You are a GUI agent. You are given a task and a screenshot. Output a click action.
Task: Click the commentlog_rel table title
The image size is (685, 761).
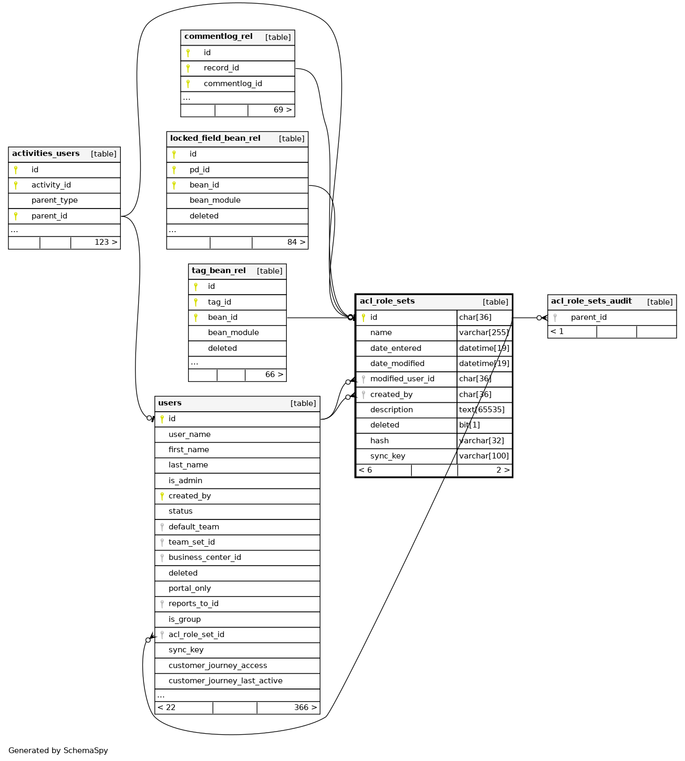tap(219, 37)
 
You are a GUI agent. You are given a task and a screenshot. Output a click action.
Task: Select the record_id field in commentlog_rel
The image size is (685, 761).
tap(221, 68)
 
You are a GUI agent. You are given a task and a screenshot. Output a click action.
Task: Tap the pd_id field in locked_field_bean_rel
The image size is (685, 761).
tap(200, 170)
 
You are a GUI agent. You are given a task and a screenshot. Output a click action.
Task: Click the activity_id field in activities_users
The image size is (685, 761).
tap(51, 185)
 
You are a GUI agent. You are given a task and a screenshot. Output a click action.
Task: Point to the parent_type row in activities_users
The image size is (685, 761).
tap(55, 200)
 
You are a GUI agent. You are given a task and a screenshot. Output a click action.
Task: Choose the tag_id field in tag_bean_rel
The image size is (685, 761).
tap(220, 302)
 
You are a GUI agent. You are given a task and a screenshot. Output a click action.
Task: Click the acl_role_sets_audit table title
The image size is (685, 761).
tap(591, 301)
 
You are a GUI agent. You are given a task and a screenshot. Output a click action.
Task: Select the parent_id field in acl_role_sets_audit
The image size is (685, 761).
tap(588, 317)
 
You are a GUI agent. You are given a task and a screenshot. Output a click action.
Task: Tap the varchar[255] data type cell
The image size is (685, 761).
tap(484, 332)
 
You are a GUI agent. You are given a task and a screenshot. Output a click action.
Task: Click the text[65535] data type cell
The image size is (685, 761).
tap(482, 410)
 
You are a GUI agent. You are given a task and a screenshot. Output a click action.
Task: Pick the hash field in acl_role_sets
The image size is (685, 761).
tap(379, 441)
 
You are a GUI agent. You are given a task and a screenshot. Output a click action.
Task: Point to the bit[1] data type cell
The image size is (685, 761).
tap(470, 425)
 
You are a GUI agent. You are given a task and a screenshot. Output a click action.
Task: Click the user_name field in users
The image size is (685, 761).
tap(189, 434)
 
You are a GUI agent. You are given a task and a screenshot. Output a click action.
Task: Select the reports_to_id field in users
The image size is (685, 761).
tap(193, 603)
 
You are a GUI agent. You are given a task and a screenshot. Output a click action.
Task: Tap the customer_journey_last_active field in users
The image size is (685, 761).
tap(225, 681)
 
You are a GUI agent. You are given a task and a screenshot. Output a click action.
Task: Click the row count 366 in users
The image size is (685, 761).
tap(302, 707)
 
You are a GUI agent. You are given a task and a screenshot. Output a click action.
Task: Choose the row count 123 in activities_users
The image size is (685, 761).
tap(102, 242)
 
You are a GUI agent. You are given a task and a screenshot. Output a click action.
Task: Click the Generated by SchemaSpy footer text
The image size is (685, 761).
tap(58, 750)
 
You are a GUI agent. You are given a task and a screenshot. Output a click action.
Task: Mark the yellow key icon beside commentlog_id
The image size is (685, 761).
tap(188, 84)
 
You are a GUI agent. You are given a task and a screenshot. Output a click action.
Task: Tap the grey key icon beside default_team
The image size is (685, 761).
tap(162, 527)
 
